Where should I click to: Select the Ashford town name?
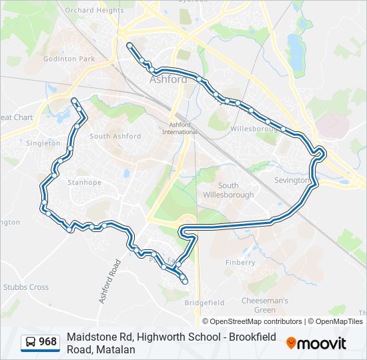click(x=168, y=79)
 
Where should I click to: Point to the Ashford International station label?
click(x=179, y=128)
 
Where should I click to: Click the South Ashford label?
click(x=115, y=136)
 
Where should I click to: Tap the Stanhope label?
click(x=84, y=182)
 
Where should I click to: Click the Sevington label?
click(x=292, y=180)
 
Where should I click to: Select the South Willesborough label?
click(x=228, y=190)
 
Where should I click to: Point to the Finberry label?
click(x=240, y=263)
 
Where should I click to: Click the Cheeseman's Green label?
click(x=264, y=305)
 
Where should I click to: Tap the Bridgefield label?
click(x=204, y=302)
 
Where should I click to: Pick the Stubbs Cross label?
click(x=26, y=287)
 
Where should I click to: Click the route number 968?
click(x=47, y=342)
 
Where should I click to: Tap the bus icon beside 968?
click(x=31, y=342)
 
